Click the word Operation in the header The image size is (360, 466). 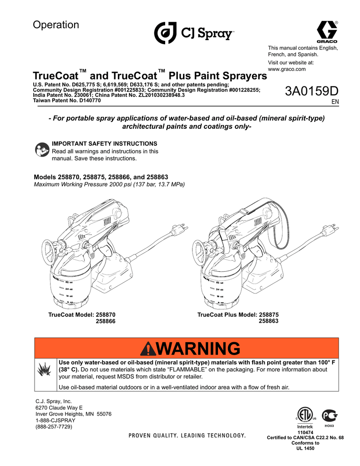[x=56, y=25]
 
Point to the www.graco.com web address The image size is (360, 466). [x=287, y=69]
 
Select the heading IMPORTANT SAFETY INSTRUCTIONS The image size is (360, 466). [x=105, y=143]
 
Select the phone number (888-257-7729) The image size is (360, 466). [x=54, y=427]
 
